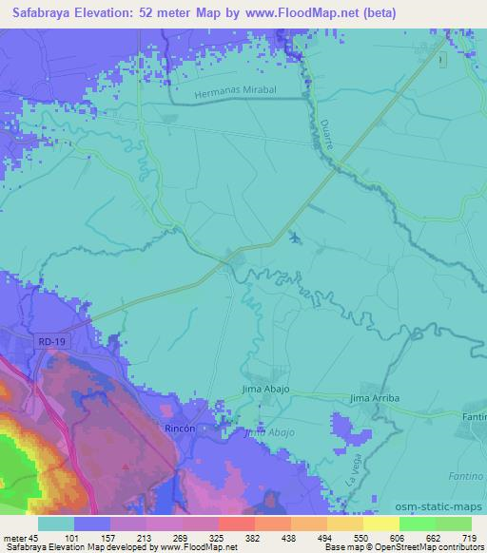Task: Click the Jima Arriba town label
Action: (x=372, y=397)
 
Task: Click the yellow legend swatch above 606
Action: (x=381, y=524)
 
